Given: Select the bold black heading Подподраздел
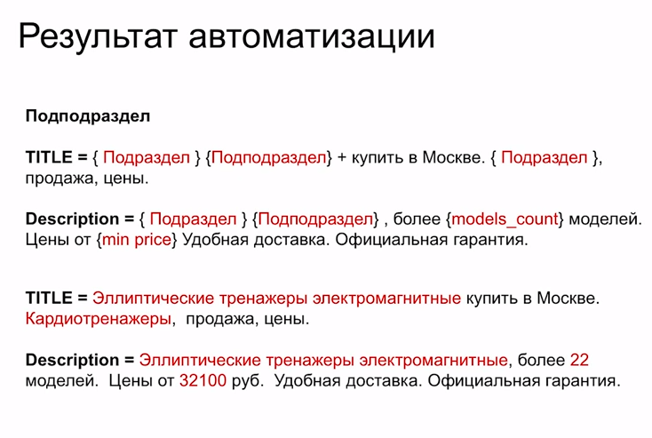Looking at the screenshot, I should (x=88, y=116).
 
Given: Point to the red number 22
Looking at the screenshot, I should (x=580, y=361).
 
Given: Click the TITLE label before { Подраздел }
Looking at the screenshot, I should (x=51, y=158).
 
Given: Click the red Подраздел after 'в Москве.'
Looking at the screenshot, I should (x=544, y=158).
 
